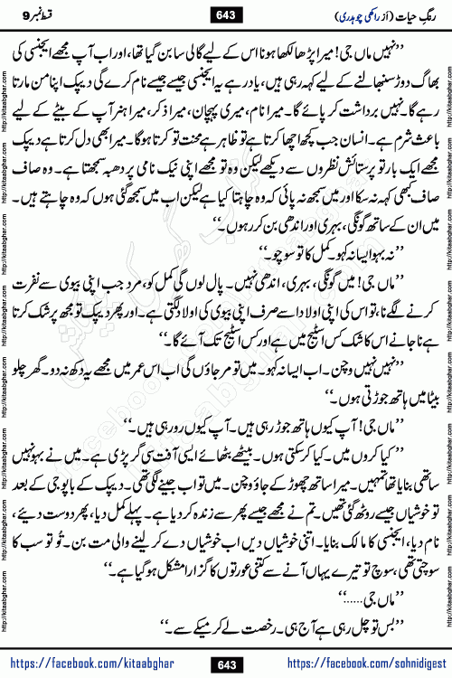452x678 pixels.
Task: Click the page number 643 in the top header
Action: [x=226, y=14]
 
